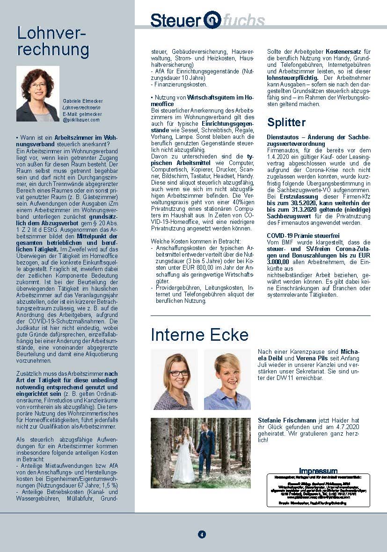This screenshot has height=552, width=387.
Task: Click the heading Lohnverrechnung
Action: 53,41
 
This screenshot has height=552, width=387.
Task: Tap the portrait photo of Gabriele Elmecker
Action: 38,93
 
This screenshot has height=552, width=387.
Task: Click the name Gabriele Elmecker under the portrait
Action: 82,101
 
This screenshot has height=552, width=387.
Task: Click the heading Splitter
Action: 286,122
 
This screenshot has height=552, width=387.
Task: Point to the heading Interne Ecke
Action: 199,335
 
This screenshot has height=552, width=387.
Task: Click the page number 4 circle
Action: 202,534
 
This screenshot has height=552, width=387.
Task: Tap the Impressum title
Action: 318,471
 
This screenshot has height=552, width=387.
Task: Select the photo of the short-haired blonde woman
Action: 227,379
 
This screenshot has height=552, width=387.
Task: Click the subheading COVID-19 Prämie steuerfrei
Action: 303,236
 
